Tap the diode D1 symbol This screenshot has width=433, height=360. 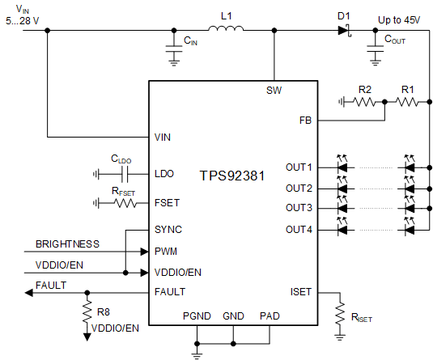click(344, 31)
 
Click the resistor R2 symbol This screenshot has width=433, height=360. click(364, 102)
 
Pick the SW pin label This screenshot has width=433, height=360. click(274, 89)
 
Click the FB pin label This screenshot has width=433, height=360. click(305, 120)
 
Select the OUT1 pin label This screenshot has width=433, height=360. click(299, 167)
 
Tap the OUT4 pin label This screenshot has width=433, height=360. click(299, 230)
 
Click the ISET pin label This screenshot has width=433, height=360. click(300, 292)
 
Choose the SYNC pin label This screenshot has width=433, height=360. click(168, 230)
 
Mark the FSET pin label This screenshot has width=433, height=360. click(168, 203)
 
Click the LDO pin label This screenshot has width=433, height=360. click(164, 173)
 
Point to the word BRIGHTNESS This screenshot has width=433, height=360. click(67, 244)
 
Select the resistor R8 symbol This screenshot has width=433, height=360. click(86, 310)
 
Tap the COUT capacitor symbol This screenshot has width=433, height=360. click(374, 50)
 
